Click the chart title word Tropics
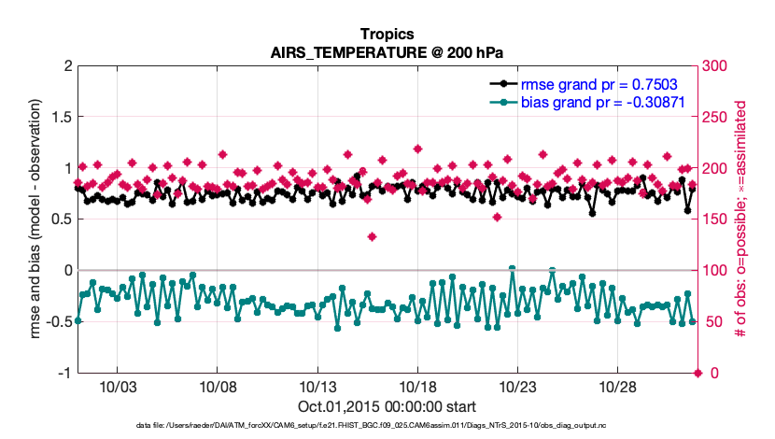click(x=387, y=35)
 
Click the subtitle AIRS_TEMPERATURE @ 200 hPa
click(x=387, y=52)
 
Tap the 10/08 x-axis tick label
click(x=218, y=387)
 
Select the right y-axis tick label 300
click(x=715, y=65)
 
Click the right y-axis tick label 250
click(x=715, y=117)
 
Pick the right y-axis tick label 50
click(x=712, y=322)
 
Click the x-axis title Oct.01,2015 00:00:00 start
click(x=387, y=407)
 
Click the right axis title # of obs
click(x=742, y=219)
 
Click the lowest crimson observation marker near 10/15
click(x=372, y=236)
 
